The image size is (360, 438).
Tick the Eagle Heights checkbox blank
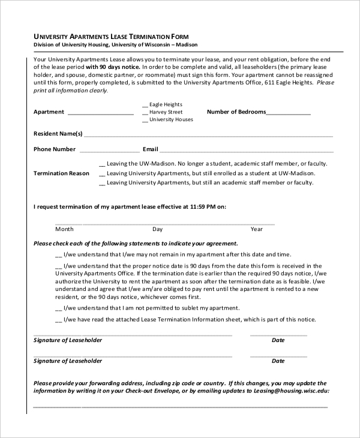click(x=145, y=104)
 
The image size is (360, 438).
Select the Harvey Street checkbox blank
click(x=145, y=112)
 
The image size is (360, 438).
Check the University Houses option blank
click(x=145, y=120)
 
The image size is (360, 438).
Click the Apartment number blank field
click(x=100, y=113)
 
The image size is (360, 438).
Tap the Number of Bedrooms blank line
click(x=288, y=113)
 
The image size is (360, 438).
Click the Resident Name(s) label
click(x=58, y=134)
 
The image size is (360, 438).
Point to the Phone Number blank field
click(x=108, y=150)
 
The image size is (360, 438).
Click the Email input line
click(x=246, y=150)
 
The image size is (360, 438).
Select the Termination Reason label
click(x=61, y=173)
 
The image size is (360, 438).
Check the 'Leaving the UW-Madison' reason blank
click(x=101, y=164)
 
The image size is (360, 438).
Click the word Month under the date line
click(x=64, y=229)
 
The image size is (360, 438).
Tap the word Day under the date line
click(x=157, y=229)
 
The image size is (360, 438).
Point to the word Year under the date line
click(x=257, y=229)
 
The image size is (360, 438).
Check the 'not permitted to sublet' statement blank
click(x=59, y=308)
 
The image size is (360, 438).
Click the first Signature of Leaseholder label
click(x=68, y=340)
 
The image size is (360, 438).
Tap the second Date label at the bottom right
click(x=278, y=361)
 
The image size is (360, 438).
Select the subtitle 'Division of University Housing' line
click(x=115, y=45)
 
